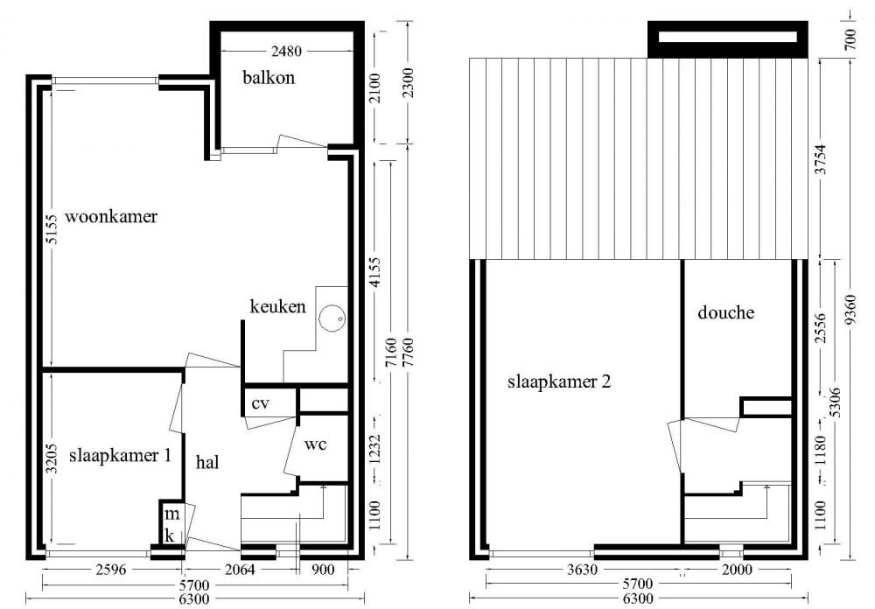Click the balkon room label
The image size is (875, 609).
[x=269, y=77]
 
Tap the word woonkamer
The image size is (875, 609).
[x=111, y=216]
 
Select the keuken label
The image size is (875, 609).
[x=277, y=306]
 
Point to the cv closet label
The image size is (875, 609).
[x=260, y=403]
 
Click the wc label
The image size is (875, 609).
[x=315, y=444]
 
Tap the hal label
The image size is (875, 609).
[x=207, y=462]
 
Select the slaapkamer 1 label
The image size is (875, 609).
[x=120, y=455]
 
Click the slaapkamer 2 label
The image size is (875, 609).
[x=559, y=381]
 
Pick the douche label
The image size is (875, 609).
[x=725, y=311]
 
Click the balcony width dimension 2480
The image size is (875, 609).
[x=286, y=52]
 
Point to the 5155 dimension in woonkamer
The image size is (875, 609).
[x=52, y=229]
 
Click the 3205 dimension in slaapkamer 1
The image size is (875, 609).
[x=52, y=458]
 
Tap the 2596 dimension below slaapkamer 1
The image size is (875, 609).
[x=111, y=570]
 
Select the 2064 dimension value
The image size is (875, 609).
[x=240, y=570]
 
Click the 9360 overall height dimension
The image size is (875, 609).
[x=850, y=311]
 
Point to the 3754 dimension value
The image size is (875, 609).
[x=820, y=159]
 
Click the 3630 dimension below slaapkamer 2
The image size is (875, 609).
[x=582, y=570]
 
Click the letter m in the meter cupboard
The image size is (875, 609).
[x=171, y=514]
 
